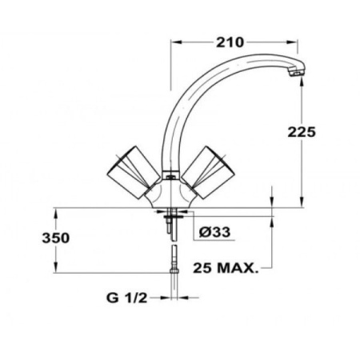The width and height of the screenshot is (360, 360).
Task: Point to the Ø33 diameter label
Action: click(x=214, y=231)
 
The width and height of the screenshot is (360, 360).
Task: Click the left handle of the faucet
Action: click(x=128, y=170)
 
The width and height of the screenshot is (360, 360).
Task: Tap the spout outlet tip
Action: click(x=296, y=74)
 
